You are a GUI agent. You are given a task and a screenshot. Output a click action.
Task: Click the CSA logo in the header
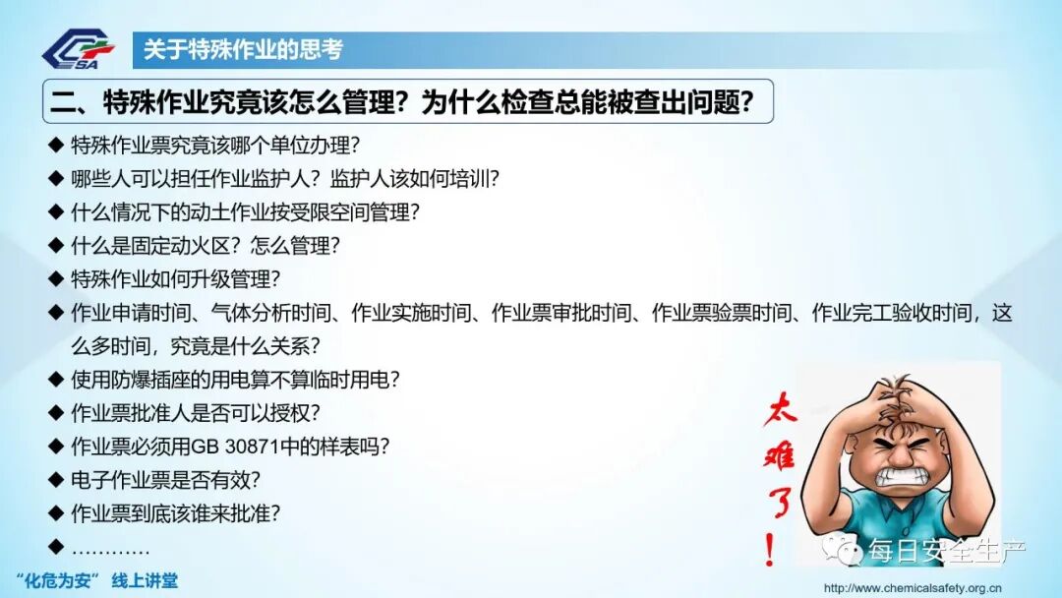point(79,50)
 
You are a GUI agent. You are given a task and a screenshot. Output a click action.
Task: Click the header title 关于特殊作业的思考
point(243,49)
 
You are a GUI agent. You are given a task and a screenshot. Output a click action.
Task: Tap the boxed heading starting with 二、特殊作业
point(408,102)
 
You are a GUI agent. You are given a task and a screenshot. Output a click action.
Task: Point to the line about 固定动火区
point(206,246)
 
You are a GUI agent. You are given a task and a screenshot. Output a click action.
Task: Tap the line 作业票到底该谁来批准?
point(190,512)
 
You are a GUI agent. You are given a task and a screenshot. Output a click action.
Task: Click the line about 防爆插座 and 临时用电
point(235,379)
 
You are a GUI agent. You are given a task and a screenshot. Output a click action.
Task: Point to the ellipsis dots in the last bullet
point(110,547)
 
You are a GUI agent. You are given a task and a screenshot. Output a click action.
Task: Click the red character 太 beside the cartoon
point(779,410)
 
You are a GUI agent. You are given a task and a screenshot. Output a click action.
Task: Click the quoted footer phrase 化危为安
point(61,580)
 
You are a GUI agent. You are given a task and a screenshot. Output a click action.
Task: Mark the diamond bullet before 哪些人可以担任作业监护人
point(55,179)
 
